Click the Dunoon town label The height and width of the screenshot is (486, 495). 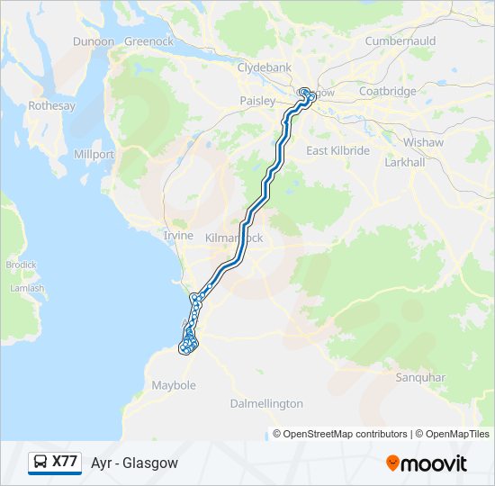click(x=94, y=41)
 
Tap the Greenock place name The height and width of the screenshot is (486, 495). click(x=148, y=41)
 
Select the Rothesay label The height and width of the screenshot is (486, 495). click(x=51, y=106)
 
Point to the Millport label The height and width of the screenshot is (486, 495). click(x=94, y=155)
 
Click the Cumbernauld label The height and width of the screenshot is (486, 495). click(x=400, y=41)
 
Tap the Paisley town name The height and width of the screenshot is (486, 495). click(x=256, y=102)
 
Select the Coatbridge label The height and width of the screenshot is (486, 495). click(x=387, y=92)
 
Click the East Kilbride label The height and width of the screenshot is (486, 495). click(x=337, y=151)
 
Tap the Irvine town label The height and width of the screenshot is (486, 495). click(x=177, y=236)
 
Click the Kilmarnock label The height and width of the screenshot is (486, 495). click(x=234, y=238)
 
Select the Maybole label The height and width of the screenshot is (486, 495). click(x=174, y=386)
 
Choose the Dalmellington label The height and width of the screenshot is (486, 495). click(x=266, y=404)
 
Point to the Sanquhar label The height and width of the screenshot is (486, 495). click(x=420, y=378)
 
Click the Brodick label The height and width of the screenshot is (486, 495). click(x=21, y=265)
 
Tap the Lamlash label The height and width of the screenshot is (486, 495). click(x=26, y=289)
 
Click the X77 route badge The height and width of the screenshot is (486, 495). click(x=55, y=462)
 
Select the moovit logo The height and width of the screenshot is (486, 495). click(x=427, y=463)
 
